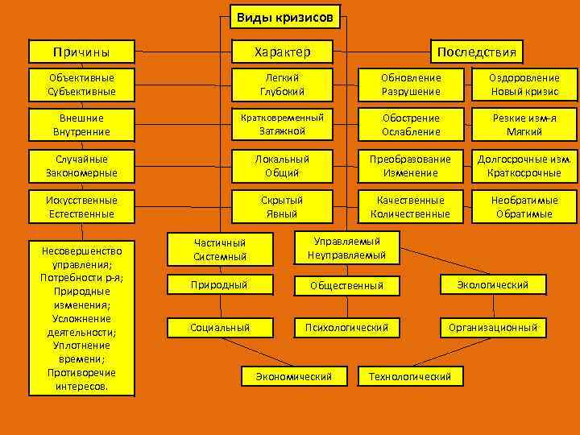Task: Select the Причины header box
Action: (81, 52)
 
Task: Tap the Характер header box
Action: (282, 52)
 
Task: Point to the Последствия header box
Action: (477, 52)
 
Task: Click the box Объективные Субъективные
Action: (81, 85)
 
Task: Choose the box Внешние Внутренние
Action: (81, 124)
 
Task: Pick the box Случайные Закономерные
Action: (81, 166)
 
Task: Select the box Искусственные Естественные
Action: (81, 207)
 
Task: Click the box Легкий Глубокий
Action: (282, 85)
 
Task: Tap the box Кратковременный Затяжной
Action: (282, 124)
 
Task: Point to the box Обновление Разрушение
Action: (411, 85)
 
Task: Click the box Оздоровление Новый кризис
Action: (524, 85)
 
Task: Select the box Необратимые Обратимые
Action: (524, 207)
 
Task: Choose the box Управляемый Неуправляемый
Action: (346, 248)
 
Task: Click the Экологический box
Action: (493, 284)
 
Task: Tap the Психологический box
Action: (346, 327)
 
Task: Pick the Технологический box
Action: (409, 376)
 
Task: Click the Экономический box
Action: (294, 376)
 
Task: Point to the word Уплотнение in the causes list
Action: (81, 346)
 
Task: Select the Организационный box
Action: (493, 327)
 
